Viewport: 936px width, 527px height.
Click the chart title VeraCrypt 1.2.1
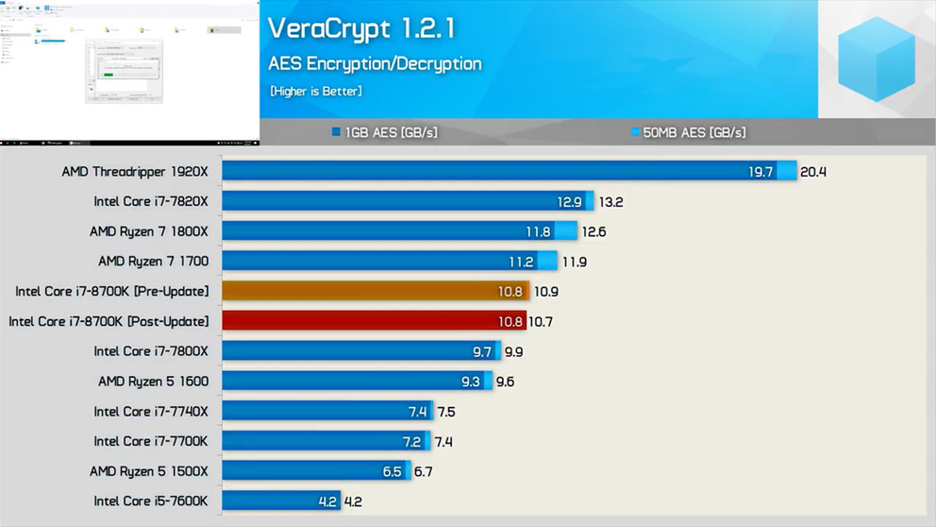pos(361,28)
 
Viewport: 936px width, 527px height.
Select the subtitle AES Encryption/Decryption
pos(375,64)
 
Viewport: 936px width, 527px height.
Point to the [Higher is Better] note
pos(315,92)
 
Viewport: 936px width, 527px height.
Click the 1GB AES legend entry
pos(384,133)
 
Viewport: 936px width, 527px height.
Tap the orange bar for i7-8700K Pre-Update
pos(376,292)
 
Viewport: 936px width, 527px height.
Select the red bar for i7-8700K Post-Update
pos(374,322)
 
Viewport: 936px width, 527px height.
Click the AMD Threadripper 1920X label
pos(135,172)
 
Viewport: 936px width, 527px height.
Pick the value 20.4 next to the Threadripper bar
pos(813,172)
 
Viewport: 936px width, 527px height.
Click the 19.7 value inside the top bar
pos(760,172)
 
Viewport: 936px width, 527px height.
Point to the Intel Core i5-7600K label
pos(151,501)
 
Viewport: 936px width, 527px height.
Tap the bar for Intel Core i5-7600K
pos(281,501)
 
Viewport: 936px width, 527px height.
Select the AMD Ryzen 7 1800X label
pos(149,231)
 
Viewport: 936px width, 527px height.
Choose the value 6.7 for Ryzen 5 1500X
pos(425,471)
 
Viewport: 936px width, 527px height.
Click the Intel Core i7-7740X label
pos(151,412)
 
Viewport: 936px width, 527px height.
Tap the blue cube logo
pos(877,59)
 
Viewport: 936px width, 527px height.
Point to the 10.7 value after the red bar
pos(541,322)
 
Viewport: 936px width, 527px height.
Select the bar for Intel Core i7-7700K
pos(326,441)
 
